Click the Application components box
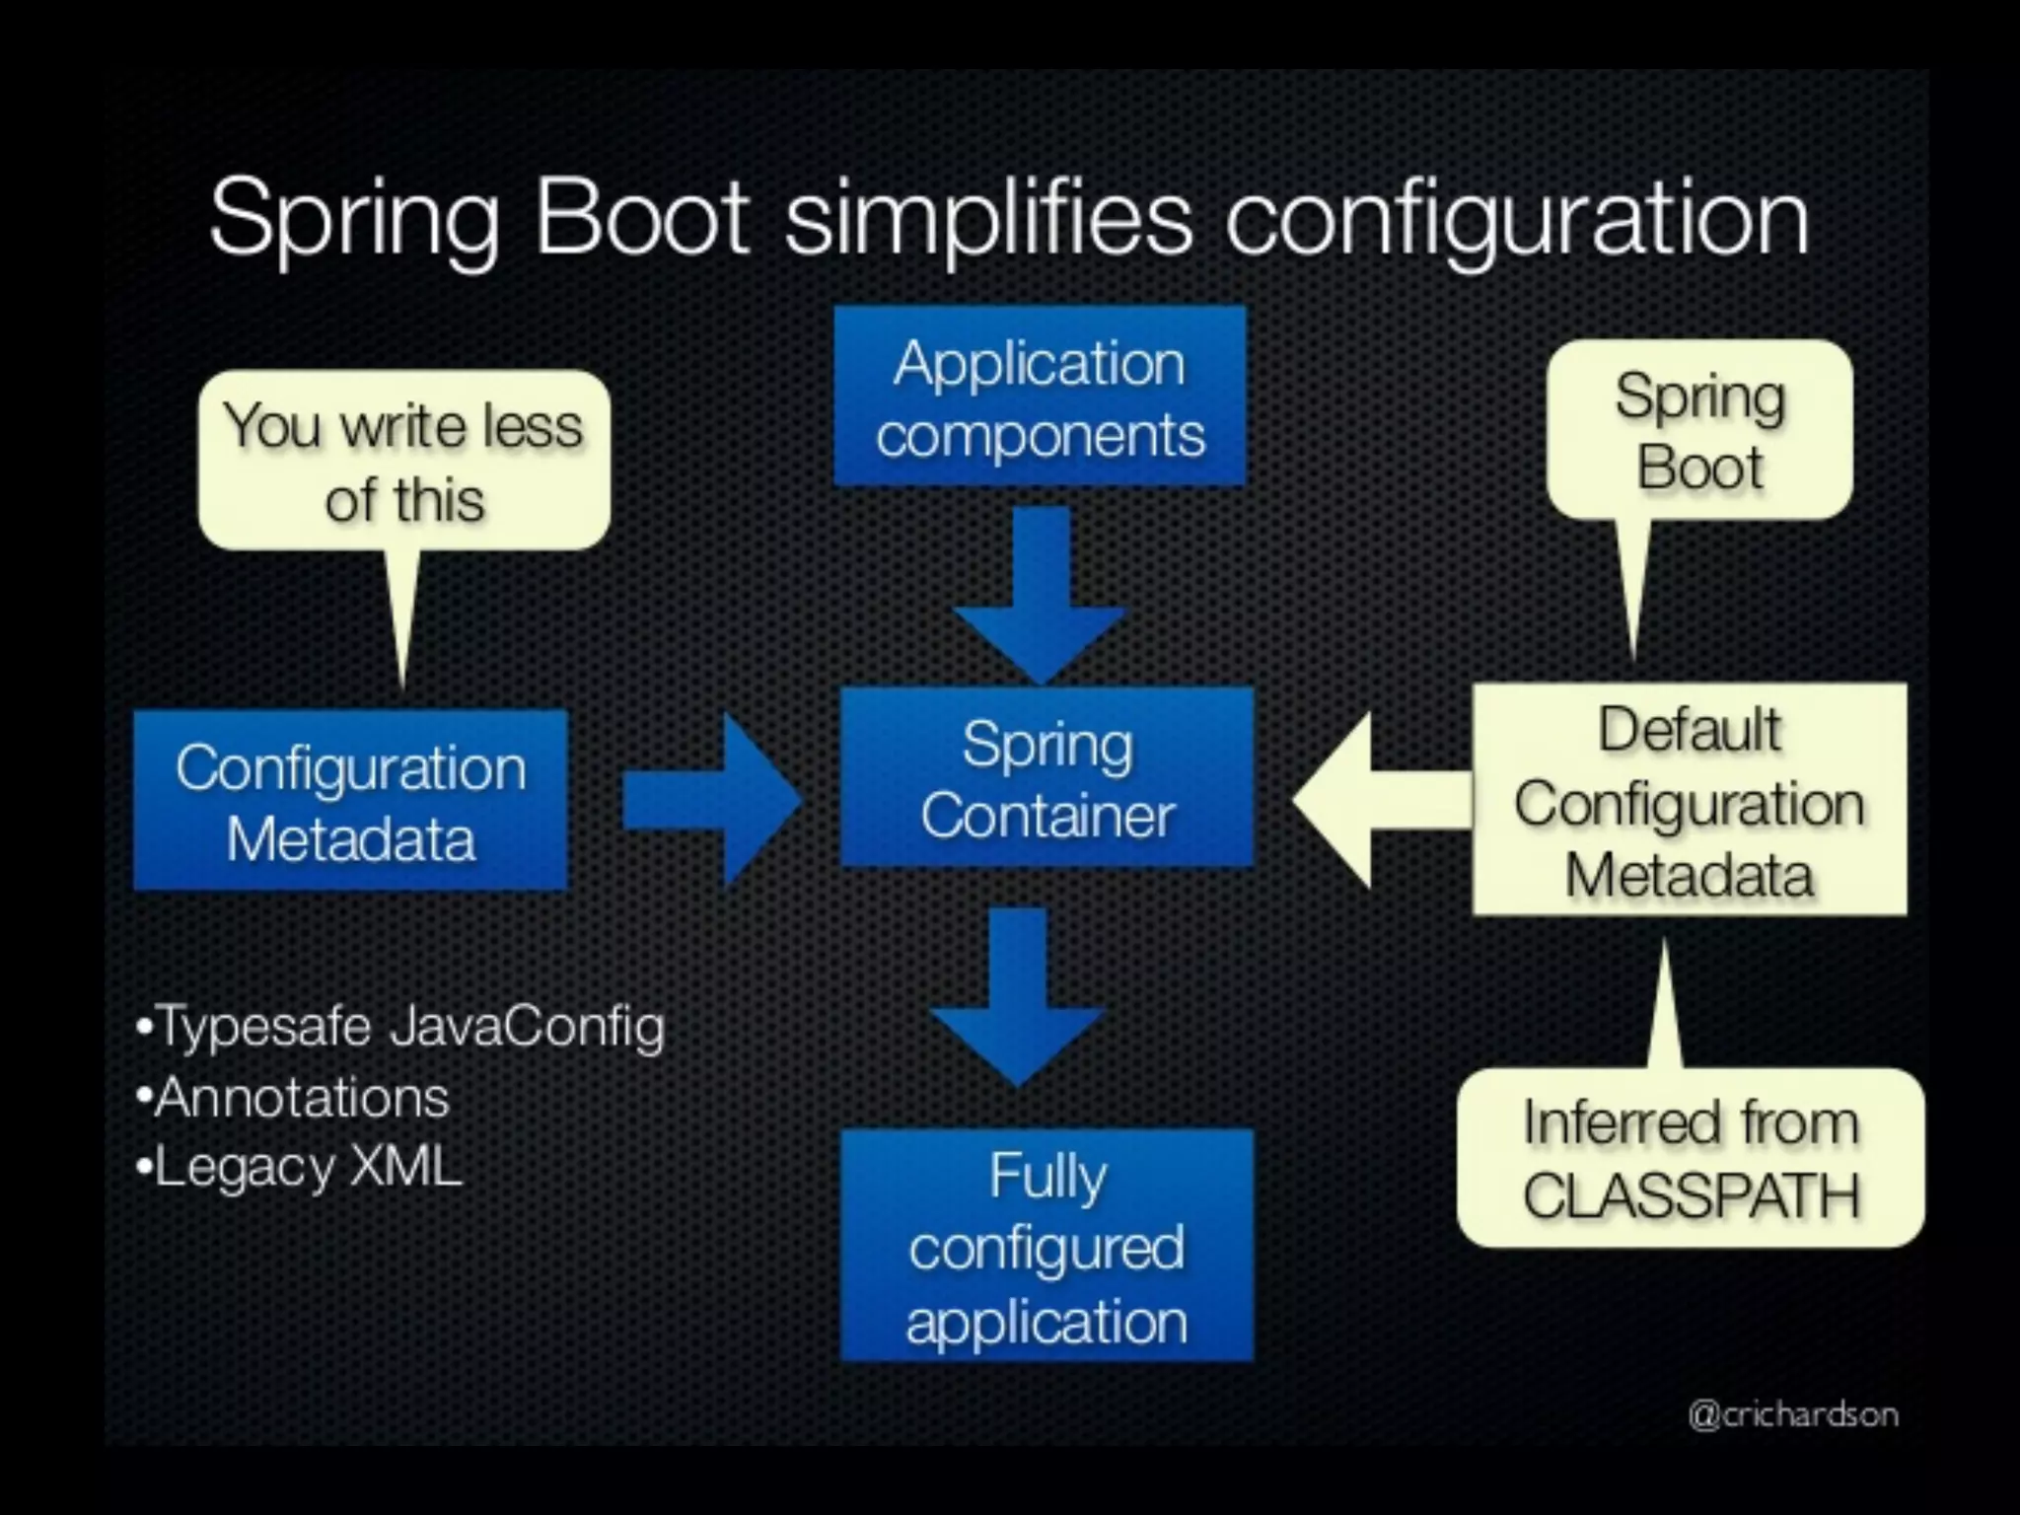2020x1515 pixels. (1040, 397)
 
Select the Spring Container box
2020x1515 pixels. (1046, 778)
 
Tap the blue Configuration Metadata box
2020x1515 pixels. (350, 801)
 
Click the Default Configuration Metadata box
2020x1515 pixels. (1689, 801)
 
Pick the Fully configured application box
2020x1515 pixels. (1046, 1247)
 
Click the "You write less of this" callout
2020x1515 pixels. (403, 461)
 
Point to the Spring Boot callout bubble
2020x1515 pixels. (1699, 430)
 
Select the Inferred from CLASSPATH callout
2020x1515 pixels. (1691, 1158)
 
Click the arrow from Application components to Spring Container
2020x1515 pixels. (1041, 592)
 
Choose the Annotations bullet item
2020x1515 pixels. (293, 1097)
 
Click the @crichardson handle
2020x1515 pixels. (1792, 1413)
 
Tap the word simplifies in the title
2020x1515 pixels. (988, 219)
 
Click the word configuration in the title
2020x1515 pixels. (1516, 219)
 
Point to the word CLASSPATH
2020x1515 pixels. (1691, 1195)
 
